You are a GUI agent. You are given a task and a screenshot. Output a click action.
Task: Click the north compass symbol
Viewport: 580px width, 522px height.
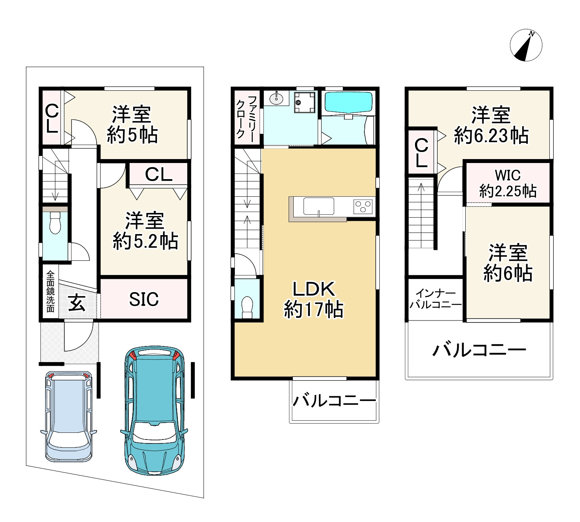point(526,46)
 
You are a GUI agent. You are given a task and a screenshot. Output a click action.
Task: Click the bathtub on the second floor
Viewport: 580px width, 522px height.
point(348,103)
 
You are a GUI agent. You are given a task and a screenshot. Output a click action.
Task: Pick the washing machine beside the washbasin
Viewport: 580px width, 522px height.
point(304,102)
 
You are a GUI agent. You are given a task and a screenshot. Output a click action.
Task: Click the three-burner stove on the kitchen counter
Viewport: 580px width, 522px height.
point(363,207)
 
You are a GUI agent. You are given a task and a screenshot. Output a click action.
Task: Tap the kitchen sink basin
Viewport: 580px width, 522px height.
point(318,206)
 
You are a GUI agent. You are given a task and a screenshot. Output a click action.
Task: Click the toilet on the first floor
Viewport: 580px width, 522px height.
point(55,223)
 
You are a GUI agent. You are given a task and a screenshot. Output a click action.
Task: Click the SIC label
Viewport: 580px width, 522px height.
point(144,299)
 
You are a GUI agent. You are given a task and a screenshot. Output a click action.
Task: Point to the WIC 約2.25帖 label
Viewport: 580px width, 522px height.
point(508,183)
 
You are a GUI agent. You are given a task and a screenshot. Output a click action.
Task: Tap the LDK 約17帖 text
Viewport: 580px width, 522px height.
point(314,299)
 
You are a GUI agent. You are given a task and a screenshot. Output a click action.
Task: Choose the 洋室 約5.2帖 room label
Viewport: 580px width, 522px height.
point(145,231)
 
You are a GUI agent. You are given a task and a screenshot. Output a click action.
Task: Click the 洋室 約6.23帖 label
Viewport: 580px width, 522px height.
point(491,125)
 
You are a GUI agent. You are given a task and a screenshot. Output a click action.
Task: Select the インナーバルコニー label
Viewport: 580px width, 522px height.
point(435,299)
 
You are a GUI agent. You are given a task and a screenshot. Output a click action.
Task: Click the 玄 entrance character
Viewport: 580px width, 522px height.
point(77,304)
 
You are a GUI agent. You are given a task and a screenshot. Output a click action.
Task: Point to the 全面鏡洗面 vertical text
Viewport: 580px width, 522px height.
point(50,291)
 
